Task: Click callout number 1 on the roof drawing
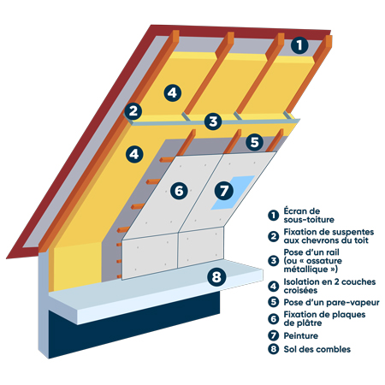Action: pos(298,45)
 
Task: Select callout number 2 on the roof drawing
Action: pos(133,110)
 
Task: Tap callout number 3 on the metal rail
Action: pos(212,121)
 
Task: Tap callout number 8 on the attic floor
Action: pos(216,276)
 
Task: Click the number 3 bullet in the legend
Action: pos(273,260)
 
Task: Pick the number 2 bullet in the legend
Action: pos(273,234)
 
